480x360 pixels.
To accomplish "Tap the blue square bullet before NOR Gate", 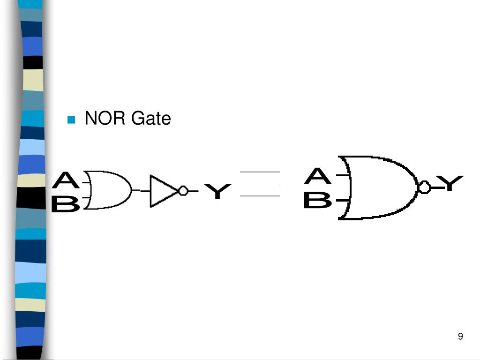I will point(71,120).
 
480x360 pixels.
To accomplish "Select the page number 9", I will point(460,336).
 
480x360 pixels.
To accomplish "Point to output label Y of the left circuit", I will point(217,191).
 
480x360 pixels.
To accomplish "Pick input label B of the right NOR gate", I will point(317,201).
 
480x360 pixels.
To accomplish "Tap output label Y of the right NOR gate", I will point(450,183).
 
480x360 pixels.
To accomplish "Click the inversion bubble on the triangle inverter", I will point(183,191).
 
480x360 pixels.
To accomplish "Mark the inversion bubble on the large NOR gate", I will point(425,187).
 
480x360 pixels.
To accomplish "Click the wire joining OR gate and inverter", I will point(141,191).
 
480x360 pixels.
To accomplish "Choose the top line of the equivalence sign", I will point(260,172).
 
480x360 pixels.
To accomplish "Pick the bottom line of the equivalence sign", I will point(260,195).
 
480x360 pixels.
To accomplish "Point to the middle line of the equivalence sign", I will point(260,184).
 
